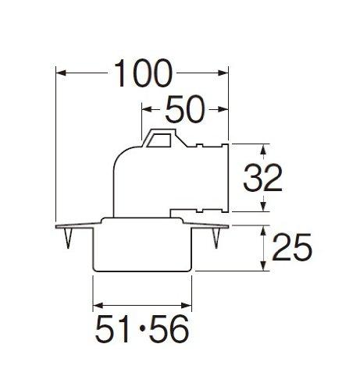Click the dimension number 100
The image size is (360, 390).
coord(143,74)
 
